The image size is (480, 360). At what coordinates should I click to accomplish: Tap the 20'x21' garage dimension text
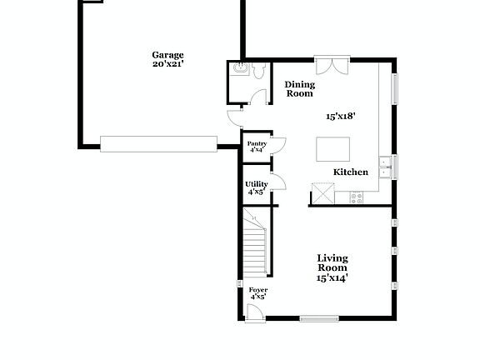pos(167,63)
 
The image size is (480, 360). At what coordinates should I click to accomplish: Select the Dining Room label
pos(299,89)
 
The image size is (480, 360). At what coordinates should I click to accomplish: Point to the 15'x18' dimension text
pos(341,117)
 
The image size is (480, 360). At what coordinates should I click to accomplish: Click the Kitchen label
pos(351,172)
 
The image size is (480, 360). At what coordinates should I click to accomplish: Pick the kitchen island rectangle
pos(332,149)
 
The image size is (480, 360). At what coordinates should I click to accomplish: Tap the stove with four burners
pos(357,197)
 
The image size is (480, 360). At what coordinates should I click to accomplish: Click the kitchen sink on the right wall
pos(385,167)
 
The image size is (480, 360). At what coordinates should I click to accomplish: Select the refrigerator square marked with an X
pos(321,195)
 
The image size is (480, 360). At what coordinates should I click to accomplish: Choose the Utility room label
pos(256,188)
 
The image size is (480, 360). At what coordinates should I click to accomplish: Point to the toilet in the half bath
pos(258,72)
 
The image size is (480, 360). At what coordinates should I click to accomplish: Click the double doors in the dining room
pos(329,64)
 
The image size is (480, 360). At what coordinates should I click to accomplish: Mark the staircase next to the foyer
pos(255,246)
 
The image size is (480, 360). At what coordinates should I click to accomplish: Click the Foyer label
pos(258,293)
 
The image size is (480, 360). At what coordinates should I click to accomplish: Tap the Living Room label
pos(332,263)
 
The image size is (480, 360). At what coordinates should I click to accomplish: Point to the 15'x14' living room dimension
pos(332,278)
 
